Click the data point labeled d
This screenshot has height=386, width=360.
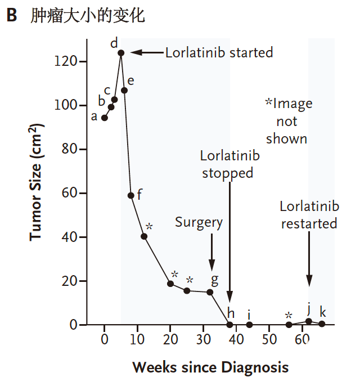(121, 53)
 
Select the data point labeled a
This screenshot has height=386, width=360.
(105, 118)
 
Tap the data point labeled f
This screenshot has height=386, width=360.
(130, 195)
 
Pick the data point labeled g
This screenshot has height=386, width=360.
(210, 292)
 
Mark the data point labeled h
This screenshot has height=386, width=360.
(229, 325)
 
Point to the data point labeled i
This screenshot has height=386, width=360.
(249, 325)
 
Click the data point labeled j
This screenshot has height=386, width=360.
(309, 321)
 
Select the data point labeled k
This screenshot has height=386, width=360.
(322, 324)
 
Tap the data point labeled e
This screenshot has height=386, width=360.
(124, 91)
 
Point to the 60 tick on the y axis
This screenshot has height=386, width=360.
(88, 193)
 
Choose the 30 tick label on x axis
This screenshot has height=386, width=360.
(203, 339)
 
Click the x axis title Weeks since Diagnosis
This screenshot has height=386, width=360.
(210, 368)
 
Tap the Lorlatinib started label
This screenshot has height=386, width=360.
(219, 53)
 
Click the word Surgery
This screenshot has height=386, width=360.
(199, 222)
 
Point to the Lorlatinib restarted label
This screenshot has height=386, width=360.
(309, 215)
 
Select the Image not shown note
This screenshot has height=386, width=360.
(288, 121)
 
